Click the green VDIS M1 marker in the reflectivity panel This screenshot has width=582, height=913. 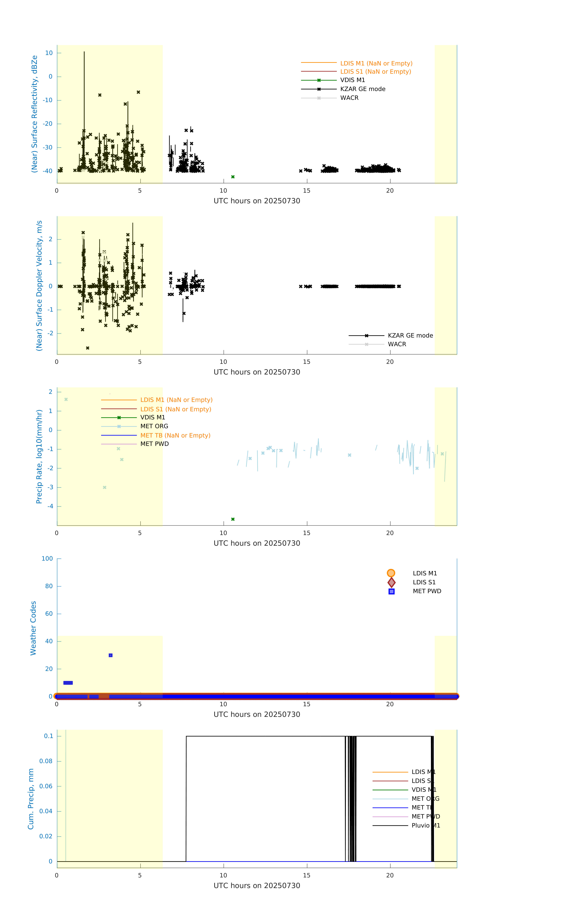pyautogui.click(x=233, y=177)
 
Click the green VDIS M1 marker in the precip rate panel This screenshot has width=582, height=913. pyautogui.click(x=233, y=519)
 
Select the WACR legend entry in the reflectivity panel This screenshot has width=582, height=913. pyautogui.click(x=349, y=98)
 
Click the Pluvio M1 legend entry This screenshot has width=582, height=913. pyautogui.click(x=425, y=825)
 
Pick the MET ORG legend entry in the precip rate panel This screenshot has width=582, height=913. pyautogui.click(x=154, y=426)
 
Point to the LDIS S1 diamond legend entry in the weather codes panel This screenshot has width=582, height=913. pyautogui.click(x=424, y=582)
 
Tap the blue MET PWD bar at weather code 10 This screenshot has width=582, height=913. pyautogui.click(x=68, y=683)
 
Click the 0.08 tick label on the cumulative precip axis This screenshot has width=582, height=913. pyautogui.click(x=46, y=761)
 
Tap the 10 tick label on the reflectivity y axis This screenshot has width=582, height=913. pyautogui.click(x=49, y=53)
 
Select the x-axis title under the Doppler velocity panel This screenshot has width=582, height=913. pyautogui.click(x=257, y=372)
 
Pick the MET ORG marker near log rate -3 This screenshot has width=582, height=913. pyautogui.click(x=105, y=487)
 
